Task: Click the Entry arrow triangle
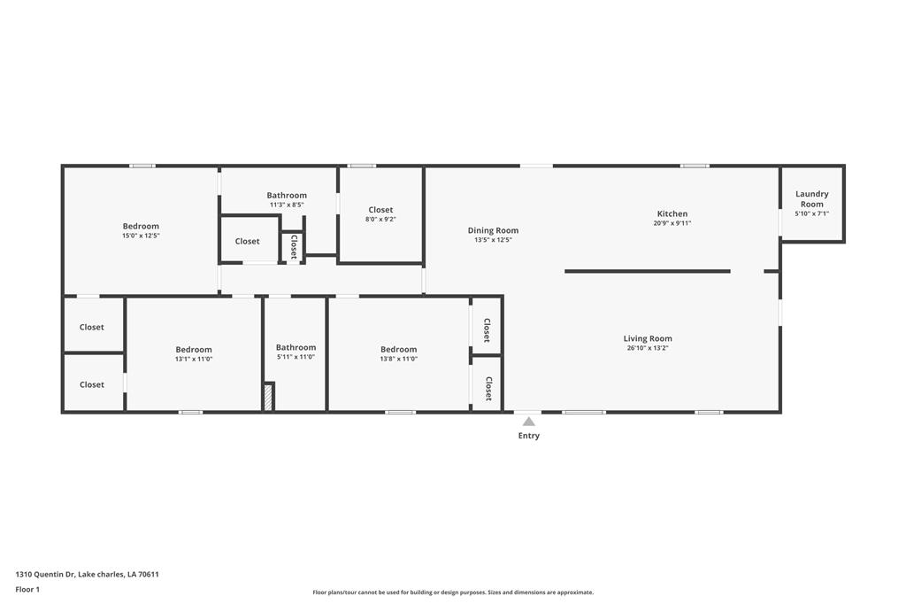[528, 422]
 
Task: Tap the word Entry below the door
[528, 436]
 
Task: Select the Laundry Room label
[811, 199]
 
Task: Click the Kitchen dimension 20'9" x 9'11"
[672, 223]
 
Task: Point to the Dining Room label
[493, 230]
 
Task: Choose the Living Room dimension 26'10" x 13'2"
[648, 348]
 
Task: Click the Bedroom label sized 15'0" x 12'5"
[141, 226]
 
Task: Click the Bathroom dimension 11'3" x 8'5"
[287, 205]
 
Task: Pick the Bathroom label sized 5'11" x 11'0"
[296, 347]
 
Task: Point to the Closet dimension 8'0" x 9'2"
[380, 220]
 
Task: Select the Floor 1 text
[27, 589]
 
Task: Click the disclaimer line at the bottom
[453, 592]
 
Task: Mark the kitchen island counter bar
[648, 271]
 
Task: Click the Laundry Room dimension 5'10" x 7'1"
[811, 213]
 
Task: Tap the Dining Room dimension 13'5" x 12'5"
[493, 240]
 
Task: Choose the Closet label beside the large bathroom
[247, 241]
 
